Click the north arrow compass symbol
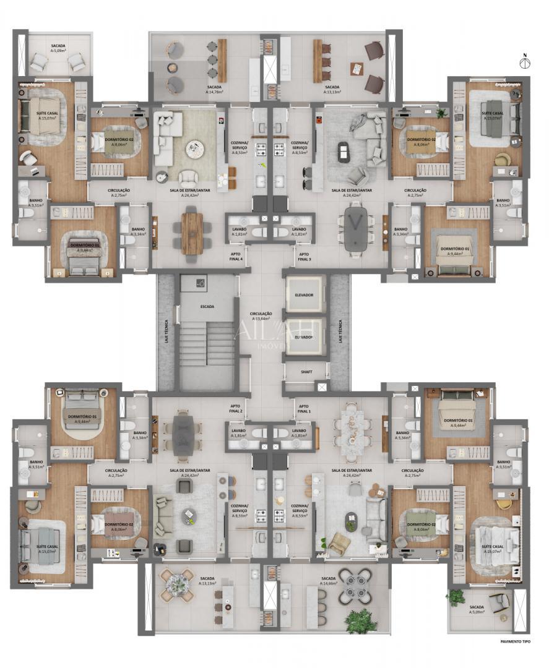tap(525, 62)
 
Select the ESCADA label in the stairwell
tap(207, 306)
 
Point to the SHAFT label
tap(305, 372)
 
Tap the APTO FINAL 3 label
tap(303, 257)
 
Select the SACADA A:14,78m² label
tap(214, 89)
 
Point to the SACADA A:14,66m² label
tap(329, 581)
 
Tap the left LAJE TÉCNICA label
tap(166, 330)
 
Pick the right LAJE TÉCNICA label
tap(340, 330)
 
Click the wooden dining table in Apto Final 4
tap(192, 232)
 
